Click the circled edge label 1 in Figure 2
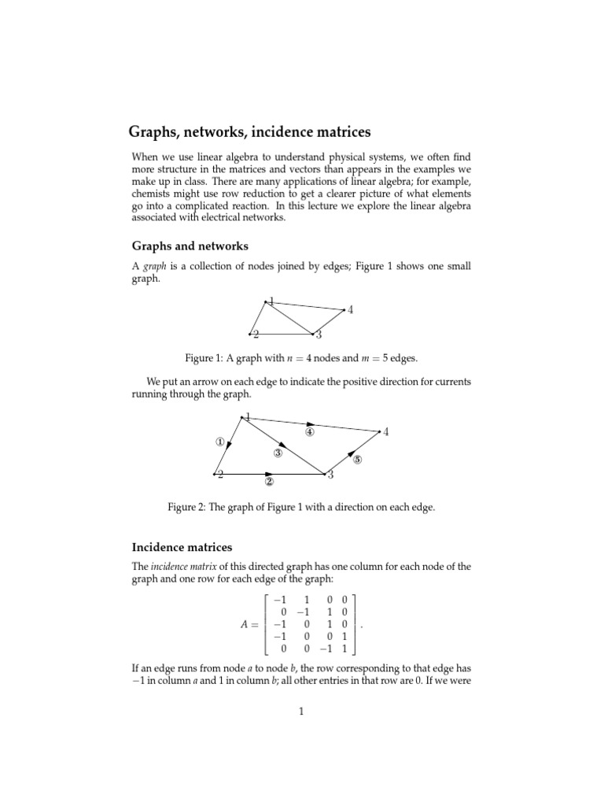(221, 442)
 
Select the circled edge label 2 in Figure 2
(269, 482)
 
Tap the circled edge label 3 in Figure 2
(278, 453)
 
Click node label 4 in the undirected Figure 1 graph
(350, 310)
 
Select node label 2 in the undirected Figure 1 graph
(256, 335)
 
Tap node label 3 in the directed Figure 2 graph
(330, 475)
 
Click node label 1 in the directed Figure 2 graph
(248, 417)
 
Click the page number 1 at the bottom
(300, 712)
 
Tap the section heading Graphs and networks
(189, 246)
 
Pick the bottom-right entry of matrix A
(346, 650)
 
